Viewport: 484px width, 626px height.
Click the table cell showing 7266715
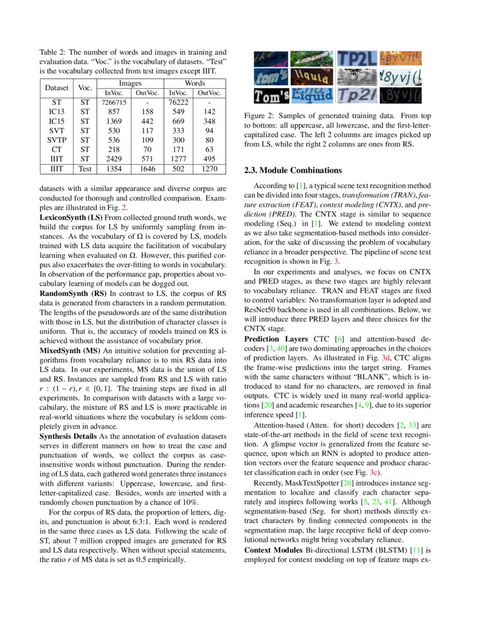point(113,102)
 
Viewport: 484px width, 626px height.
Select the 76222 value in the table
point(179,102)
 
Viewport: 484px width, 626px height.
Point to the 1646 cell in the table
point(147,169)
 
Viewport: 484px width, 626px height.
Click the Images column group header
point(130,84)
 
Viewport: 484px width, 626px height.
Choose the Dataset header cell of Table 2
point(56,88)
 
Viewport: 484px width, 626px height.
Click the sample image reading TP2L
point(357,58)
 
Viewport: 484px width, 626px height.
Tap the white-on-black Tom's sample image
point(271,95)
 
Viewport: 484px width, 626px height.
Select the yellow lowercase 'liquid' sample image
point(311,77)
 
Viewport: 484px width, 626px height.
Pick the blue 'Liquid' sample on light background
point(311,95)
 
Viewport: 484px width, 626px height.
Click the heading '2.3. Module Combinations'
point(293,170)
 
